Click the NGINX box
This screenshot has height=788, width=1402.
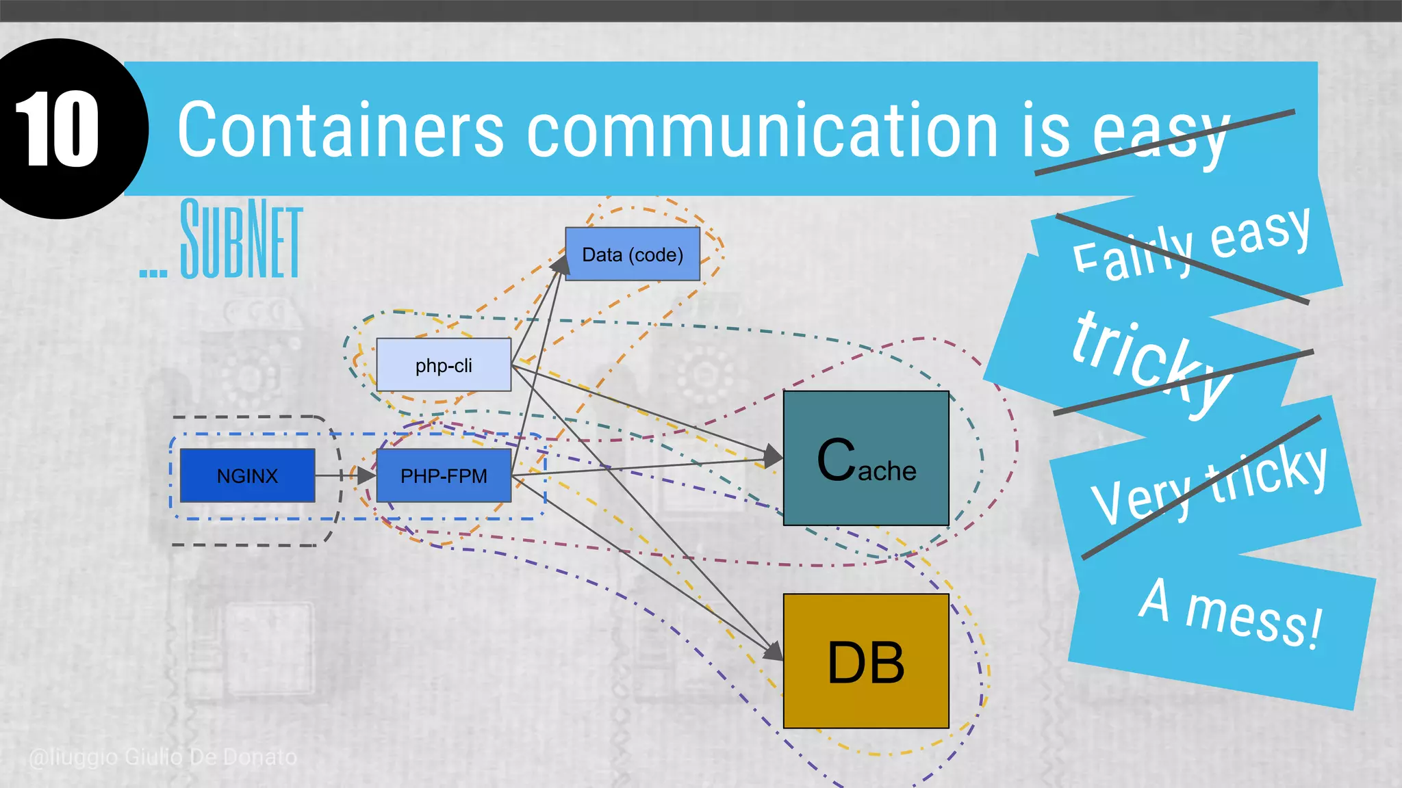point(247,475)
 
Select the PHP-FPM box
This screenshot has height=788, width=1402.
point(444,475)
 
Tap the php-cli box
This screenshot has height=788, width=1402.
point(444,365)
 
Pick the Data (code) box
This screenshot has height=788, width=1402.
point(632,254)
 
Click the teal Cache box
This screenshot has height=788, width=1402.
point(866,458)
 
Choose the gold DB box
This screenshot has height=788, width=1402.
point(866,661)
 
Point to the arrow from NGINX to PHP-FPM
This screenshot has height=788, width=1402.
point(342,475)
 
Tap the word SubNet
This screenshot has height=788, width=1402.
point(240,239)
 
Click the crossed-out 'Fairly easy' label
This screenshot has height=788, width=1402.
point(1191,243)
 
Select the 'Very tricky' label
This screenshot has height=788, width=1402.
point(1208,486)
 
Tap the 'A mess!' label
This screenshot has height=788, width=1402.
point(1229,612)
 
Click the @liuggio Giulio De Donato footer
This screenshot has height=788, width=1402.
point(163,757)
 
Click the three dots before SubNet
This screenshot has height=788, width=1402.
point(153,273)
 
